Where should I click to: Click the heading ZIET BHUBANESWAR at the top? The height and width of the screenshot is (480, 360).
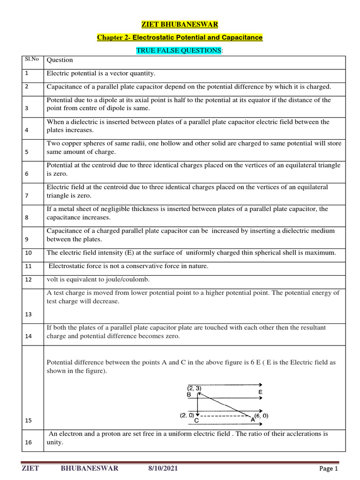coord(180,24)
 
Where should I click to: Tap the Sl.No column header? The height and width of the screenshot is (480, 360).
coord(31,59)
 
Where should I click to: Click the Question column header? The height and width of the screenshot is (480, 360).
coord(60,60)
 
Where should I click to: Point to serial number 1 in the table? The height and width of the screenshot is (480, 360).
coord(27,73)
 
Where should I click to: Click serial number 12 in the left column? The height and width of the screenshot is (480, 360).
coord(28,279)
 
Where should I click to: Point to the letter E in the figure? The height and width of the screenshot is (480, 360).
coord(260,391)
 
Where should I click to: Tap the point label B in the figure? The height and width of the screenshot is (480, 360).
coord(189,395)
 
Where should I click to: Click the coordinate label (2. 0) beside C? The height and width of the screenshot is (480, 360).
coord(187,415)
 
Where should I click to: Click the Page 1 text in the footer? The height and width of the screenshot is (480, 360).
coord(328,468)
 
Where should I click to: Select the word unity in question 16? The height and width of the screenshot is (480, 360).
coord(54,442)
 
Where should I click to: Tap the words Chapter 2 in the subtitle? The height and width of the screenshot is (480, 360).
coord(112,37)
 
